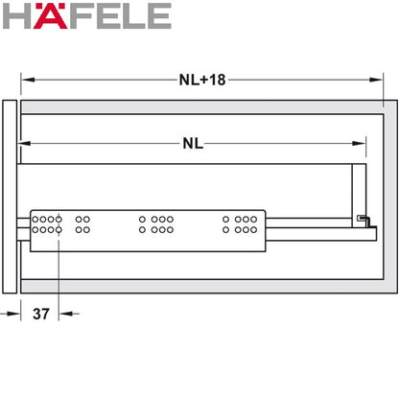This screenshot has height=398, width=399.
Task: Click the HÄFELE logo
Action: (x=87, y=16)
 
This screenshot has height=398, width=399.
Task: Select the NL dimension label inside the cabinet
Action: (x=193, y=144)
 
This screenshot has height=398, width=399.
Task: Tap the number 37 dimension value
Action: (x=41, y=313)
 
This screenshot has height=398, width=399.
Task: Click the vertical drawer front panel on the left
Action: (x=10, y=196)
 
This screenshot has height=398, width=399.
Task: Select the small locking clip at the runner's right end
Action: (x=362, y=221)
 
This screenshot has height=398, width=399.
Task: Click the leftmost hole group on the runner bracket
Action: (x=46, y=225)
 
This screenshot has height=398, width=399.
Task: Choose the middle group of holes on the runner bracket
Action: (x=155, y=225)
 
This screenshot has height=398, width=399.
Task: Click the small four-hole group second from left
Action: (x=82, y=225)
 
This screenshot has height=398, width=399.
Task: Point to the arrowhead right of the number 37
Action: (x=65, y=313)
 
